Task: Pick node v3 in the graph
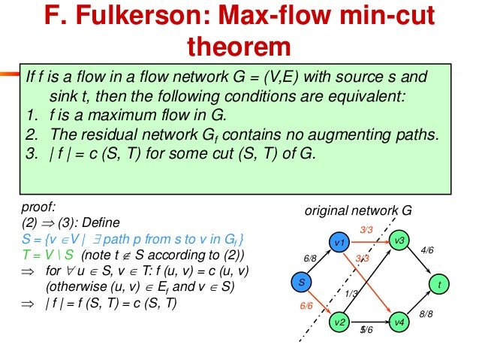pos(399,240)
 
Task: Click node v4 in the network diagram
pos(399,322)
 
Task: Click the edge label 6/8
pos(311,258)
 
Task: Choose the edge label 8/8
pos(426,313)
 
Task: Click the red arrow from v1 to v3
pos(369,241)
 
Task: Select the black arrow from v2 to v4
pos(369,322)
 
